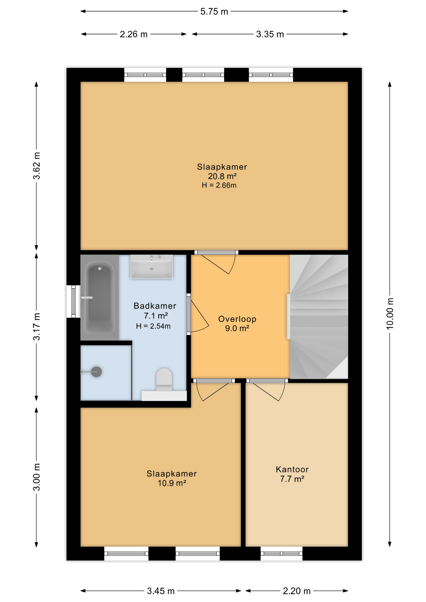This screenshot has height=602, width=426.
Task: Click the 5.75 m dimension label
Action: [214, 12]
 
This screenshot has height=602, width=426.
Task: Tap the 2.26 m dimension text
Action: [133, 34]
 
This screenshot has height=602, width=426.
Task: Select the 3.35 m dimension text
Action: [270, 34]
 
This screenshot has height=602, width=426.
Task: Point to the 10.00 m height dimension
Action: [389, 314]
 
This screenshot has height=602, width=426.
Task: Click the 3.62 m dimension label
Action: [37, 166]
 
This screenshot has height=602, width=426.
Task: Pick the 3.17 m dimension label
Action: [37, 326]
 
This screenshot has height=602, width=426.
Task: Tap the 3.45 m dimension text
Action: [161, 591]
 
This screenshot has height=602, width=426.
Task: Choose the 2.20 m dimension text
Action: [296, 591]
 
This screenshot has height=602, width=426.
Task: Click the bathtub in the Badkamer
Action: [100, 297]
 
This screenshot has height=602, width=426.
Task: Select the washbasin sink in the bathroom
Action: [152, 267]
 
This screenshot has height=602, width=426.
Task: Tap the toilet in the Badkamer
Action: [164, 380]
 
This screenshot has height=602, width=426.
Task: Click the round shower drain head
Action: [96, 372]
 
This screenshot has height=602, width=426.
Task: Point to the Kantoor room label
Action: [292, 469]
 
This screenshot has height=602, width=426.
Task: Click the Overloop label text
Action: [237, 319]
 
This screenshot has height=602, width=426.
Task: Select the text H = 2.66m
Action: [219, 185]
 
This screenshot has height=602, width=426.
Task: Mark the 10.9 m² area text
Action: [172, 483]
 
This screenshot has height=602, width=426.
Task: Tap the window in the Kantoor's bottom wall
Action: [281, 553]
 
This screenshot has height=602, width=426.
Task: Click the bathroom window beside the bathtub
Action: [73, 301]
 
